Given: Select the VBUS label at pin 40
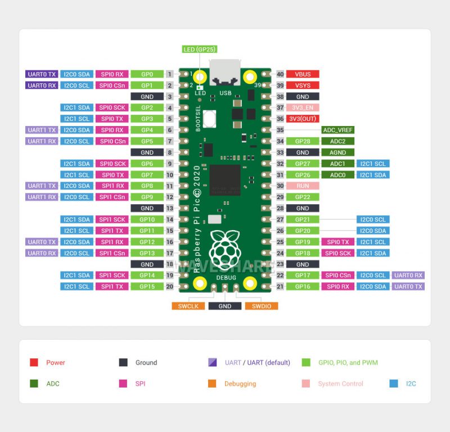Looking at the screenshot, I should point(303,74).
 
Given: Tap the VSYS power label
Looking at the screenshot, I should point(303,85).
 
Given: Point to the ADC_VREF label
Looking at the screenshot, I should point(338,130).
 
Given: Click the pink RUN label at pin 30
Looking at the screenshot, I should point(303,186).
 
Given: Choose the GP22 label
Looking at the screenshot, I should point(303,197).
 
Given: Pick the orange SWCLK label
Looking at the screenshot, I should point(188,306).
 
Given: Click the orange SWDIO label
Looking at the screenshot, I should point(262,306).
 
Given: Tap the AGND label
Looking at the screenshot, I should point(338,152).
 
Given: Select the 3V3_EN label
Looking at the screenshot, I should point(303,107).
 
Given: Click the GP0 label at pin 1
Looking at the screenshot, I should point(147,74).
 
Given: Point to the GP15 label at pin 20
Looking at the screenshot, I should point(147,286).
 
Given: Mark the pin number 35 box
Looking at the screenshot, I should point(280,130).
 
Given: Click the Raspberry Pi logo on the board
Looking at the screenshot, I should point(225,247).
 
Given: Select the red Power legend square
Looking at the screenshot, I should point(34,363).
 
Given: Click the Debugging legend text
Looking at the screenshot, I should point(240,384).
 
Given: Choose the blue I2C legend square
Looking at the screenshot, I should point(394,384).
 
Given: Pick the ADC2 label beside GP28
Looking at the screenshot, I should point(338,141).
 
